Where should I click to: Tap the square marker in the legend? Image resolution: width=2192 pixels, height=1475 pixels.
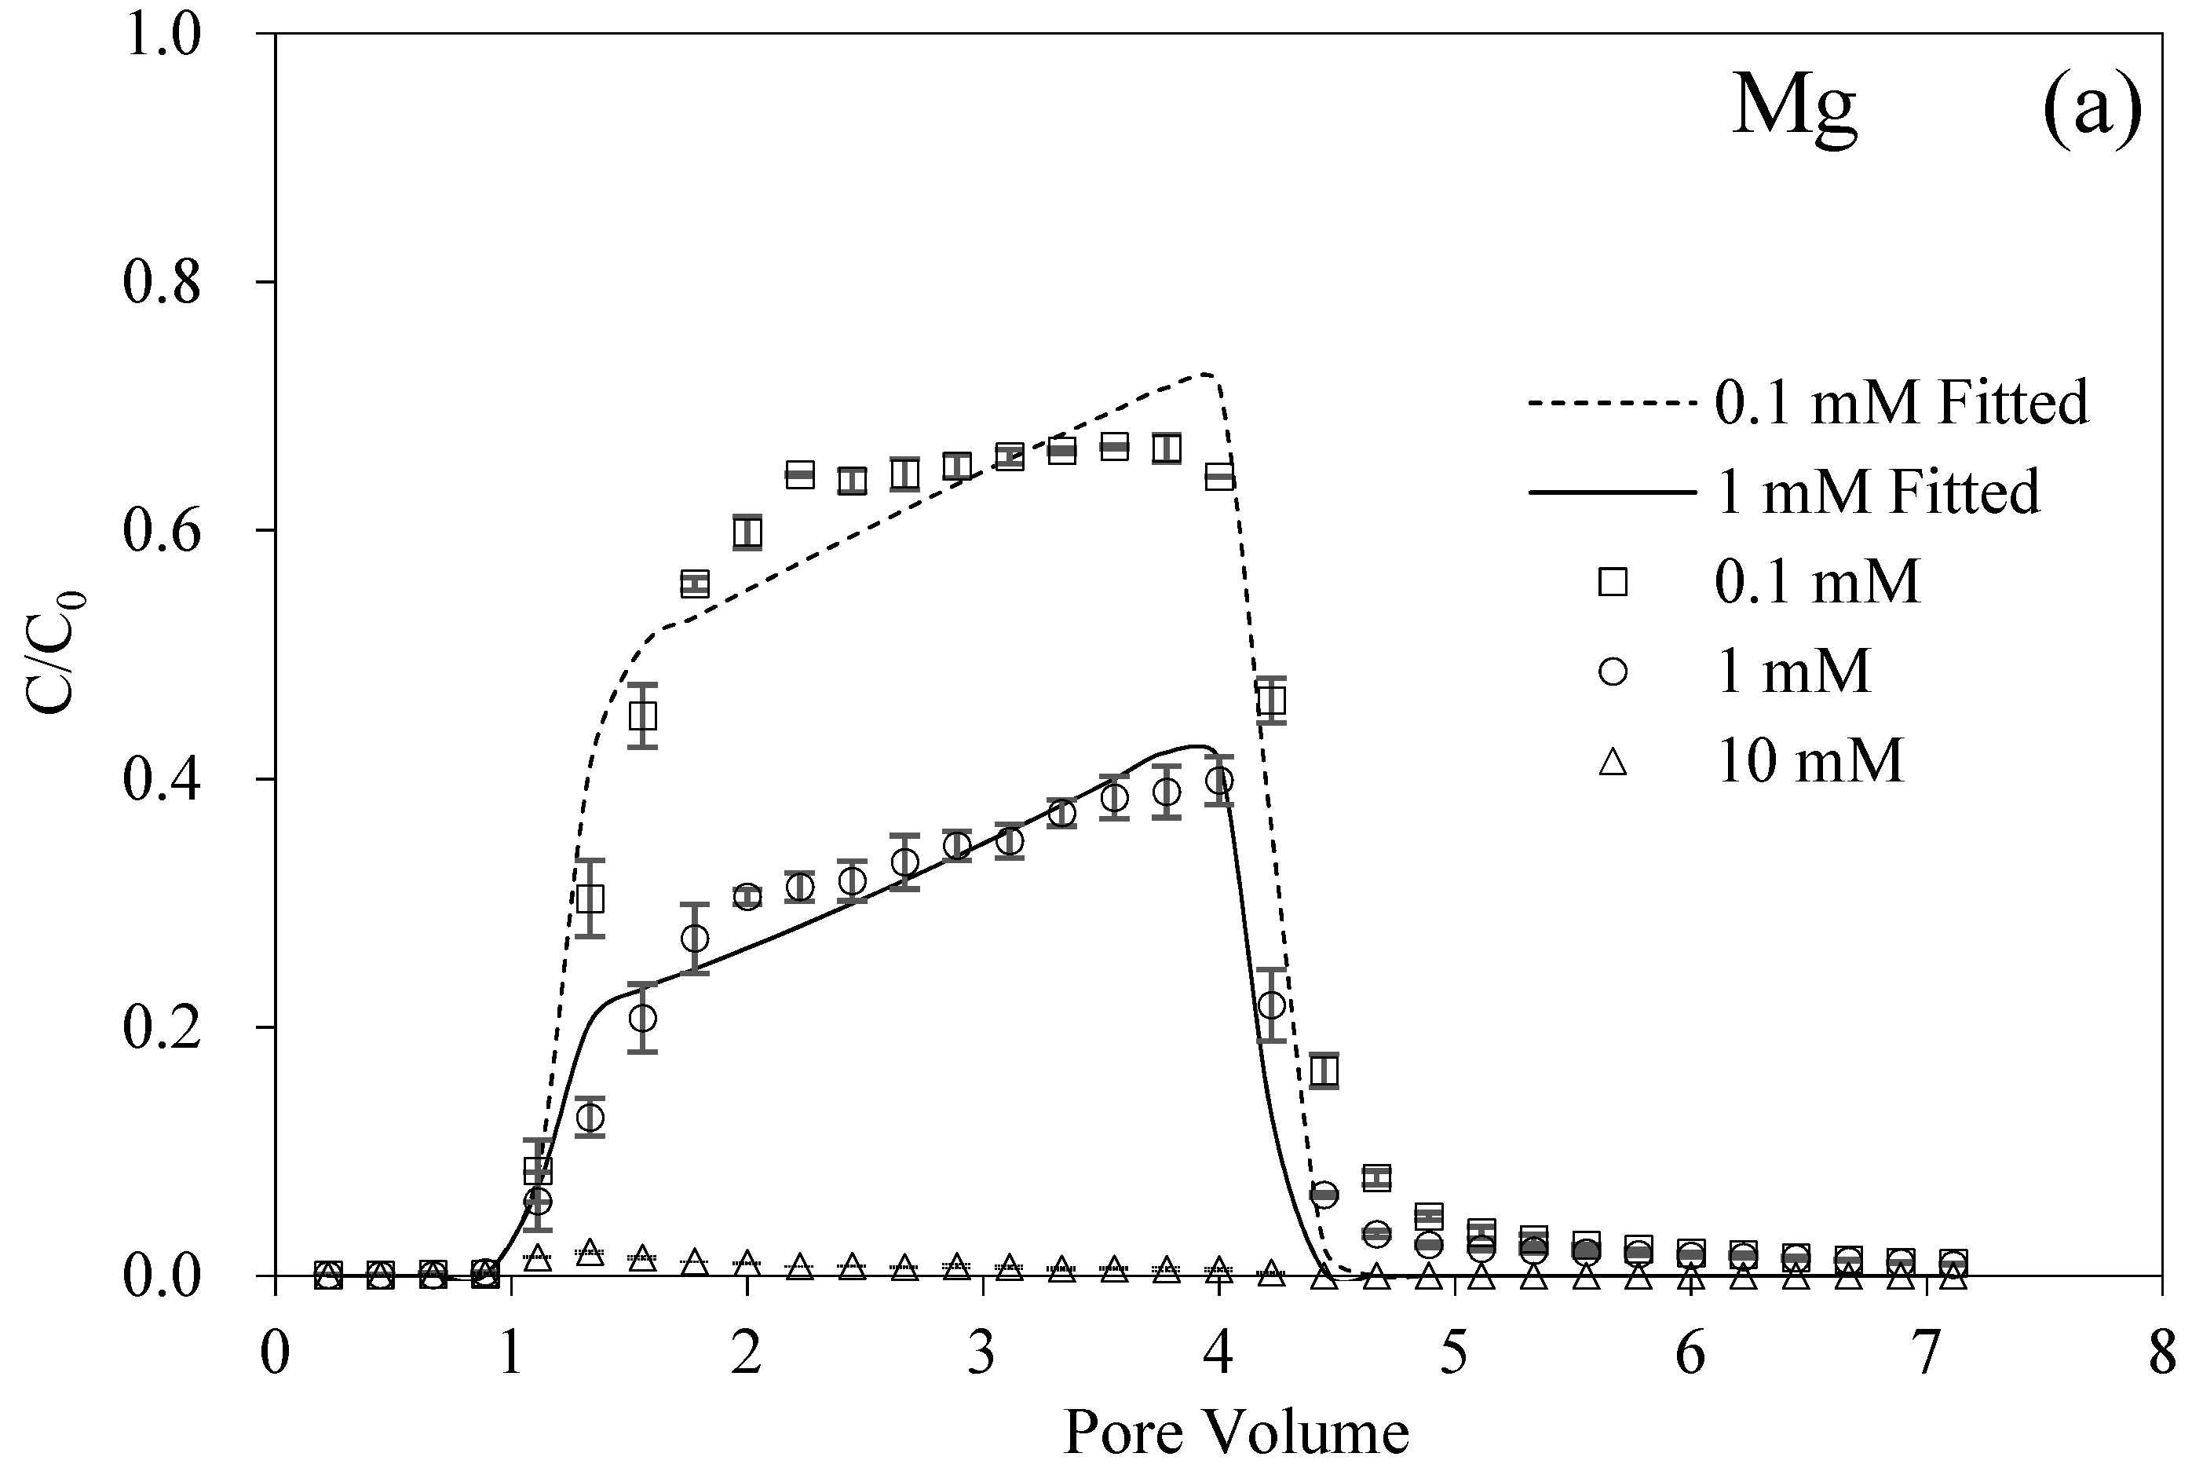[x=1612, y=582]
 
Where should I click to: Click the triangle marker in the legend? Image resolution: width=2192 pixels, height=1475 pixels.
[x=1612, y=761]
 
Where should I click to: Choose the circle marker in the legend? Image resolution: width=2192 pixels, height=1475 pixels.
[x=1612, y=672]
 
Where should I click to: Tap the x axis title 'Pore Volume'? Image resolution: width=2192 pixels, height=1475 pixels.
[x=1236, y=1433]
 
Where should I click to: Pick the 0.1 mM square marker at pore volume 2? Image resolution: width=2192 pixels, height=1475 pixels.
[x=747, y=533]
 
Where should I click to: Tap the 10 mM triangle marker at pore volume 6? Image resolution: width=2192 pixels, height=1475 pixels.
[x=1691, y=1276]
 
